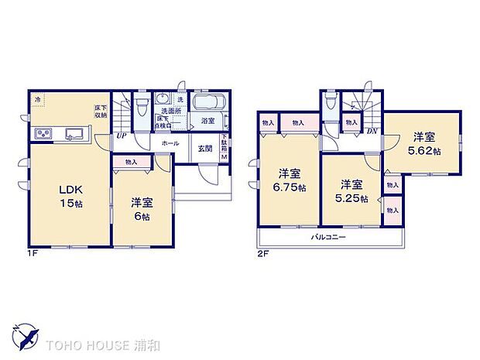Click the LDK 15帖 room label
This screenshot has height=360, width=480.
62,196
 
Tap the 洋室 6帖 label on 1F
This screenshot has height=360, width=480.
141,208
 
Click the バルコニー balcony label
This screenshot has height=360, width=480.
329,237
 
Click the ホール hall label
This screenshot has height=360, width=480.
170,144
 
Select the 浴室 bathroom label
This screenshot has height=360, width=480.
207,122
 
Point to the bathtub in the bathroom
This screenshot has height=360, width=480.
207,104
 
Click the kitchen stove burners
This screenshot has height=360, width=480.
42,135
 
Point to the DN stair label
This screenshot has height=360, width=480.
372,131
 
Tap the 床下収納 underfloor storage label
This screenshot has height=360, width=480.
101,111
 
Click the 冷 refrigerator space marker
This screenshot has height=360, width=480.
36,98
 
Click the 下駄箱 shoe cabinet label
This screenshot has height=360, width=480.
225,146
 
